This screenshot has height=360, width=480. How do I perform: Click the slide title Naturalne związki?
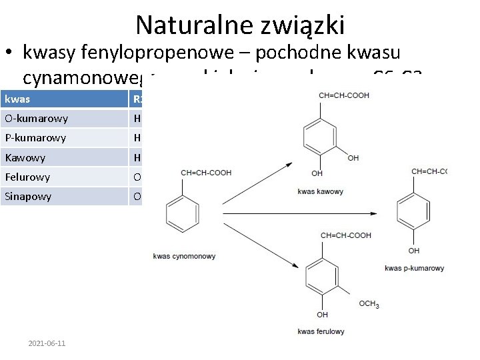240,25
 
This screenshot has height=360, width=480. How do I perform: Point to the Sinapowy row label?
27,197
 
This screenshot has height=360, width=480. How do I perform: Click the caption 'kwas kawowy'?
321,192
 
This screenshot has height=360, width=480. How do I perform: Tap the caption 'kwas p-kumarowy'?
414,268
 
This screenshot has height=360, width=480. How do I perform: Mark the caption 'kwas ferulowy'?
321,331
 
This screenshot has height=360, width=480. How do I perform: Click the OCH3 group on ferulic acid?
369,304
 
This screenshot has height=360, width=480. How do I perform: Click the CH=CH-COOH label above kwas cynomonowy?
206,173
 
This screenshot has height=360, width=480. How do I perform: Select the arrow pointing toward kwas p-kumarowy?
307,213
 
